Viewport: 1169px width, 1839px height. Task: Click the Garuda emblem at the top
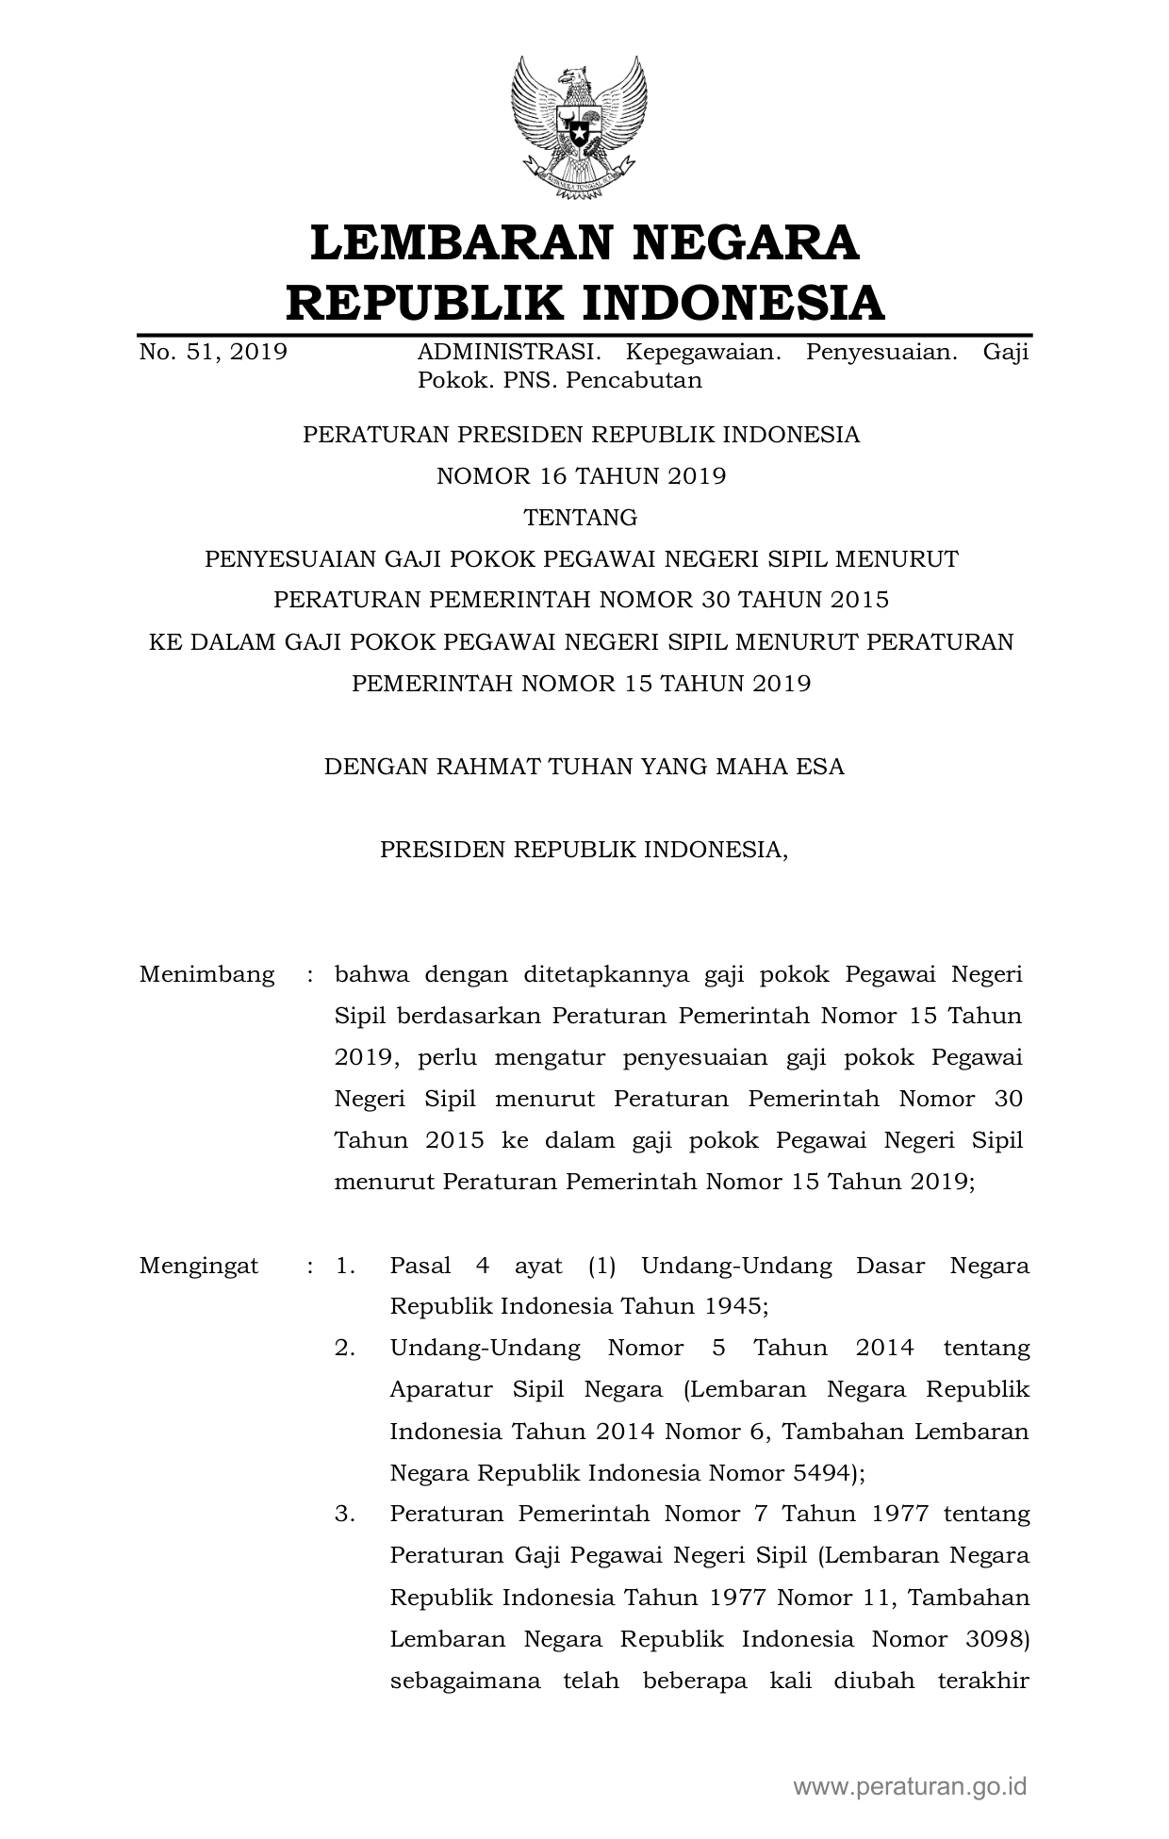(579, 128)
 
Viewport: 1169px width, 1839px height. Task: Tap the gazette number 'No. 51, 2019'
(213, 353)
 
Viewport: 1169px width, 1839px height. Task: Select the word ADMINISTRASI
(508, 353)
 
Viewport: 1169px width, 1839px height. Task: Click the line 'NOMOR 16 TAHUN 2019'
(581, 475)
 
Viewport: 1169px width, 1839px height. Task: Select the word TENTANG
(581, 517)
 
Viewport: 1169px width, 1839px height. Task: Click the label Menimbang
(206, 974)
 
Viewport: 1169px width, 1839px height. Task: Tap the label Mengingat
(198, 1266)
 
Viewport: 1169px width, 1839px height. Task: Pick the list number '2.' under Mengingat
(345, 1348)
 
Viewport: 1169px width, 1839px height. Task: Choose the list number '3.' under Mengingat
(345, 1514)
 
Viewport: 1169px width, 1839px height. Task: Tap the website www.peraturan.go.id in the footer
(910, 1785)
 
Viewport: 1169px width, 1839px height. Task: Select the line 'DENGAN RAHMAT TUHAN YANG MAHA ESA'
(584, 766)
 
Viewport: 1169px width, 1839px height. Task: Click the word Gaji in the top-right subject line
(1005, 353)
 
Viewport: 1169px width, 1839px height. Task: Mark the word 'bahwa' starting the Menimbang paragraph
(370, 974)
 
